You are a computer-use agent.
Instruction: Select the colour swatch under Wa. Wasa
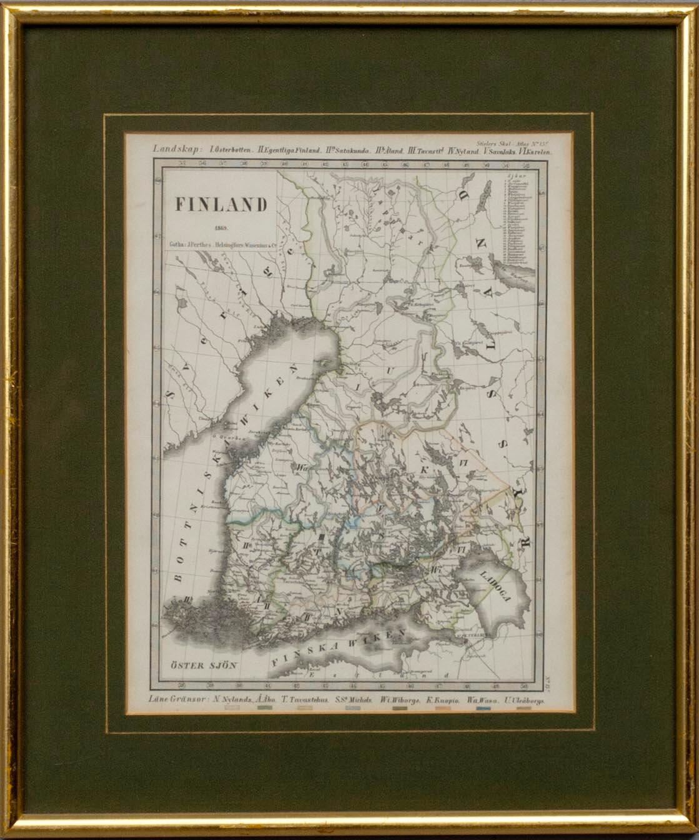click(x=483, y=709)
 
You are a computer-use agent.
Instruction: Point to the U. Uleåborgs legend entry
click(x=525, y=701)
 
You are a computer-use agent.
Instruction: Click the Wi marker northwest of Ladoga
click(x=435, y=569)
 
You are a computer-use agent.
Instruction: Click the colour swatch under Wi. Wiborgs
click(x=400, y=709)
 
